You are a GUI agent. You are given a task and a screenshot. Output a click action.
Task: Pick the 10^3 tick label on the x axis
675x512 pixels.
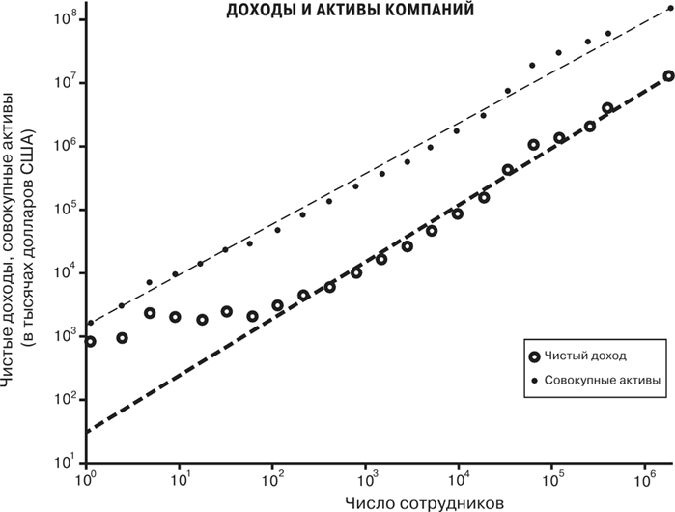pos(366,479)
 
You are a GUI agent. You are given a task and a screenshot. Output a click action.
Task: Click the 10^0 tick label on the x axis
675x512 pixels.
pos(87,479)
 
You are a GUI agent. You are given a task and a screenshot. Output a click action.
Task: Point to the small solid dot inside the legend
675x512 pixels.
pos(535,381)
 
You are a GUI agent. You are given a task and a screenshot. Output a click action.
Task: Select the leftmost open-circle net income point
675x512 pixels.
pos(90,341)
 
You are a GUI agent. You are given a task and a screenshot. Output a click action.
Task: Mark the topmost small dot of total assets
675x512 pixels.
pos(669,9)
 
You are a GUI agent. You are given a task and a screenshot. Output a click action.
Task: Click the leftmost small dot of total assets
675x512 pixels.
pos(91,323)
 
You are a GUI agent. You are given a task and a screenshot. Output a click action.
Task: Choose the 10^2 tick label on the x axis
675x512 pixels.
pos(273,479)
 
